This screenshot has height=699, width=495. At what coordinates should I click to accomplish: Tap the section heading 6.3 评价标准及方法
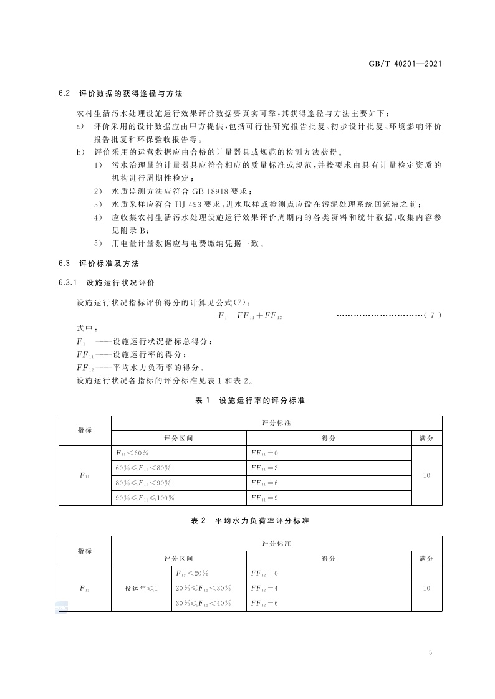point(99,264)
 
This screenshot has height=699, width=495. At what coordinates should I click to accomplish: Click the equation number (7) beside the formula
point(432,316)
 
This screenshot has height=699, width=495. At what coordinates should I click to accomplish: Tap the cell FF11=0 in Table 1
point(264,453)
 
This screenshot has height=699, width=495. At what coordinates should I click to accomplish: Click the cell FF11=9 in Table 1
point(264,498)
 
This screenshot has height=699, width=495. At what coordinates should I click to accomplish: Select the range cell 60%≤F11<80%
point(143,468)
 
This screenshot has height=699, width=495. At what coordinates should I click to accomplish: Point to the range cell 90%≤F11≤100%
point(145,498)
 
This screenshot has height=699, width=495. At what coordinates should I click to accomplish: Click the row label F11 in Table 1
point(85,475)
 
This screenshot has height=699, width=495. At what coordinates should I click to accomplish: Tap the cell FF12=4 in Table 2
point(264,588)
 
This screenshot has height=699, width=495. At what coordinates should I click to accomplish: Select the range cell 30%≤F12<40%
point(203,603)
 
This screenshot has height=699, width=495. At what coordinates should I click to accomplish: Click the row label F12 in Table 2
point(85,588)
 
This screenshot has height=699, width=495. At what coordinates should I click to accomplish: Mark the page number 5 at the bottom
point(430,652)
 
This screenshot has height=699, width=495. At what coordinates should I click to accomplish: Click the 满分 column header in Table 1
point(427,438)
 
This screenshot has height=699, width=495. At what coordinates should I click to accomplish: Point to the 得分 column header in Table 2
point(329,558)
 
